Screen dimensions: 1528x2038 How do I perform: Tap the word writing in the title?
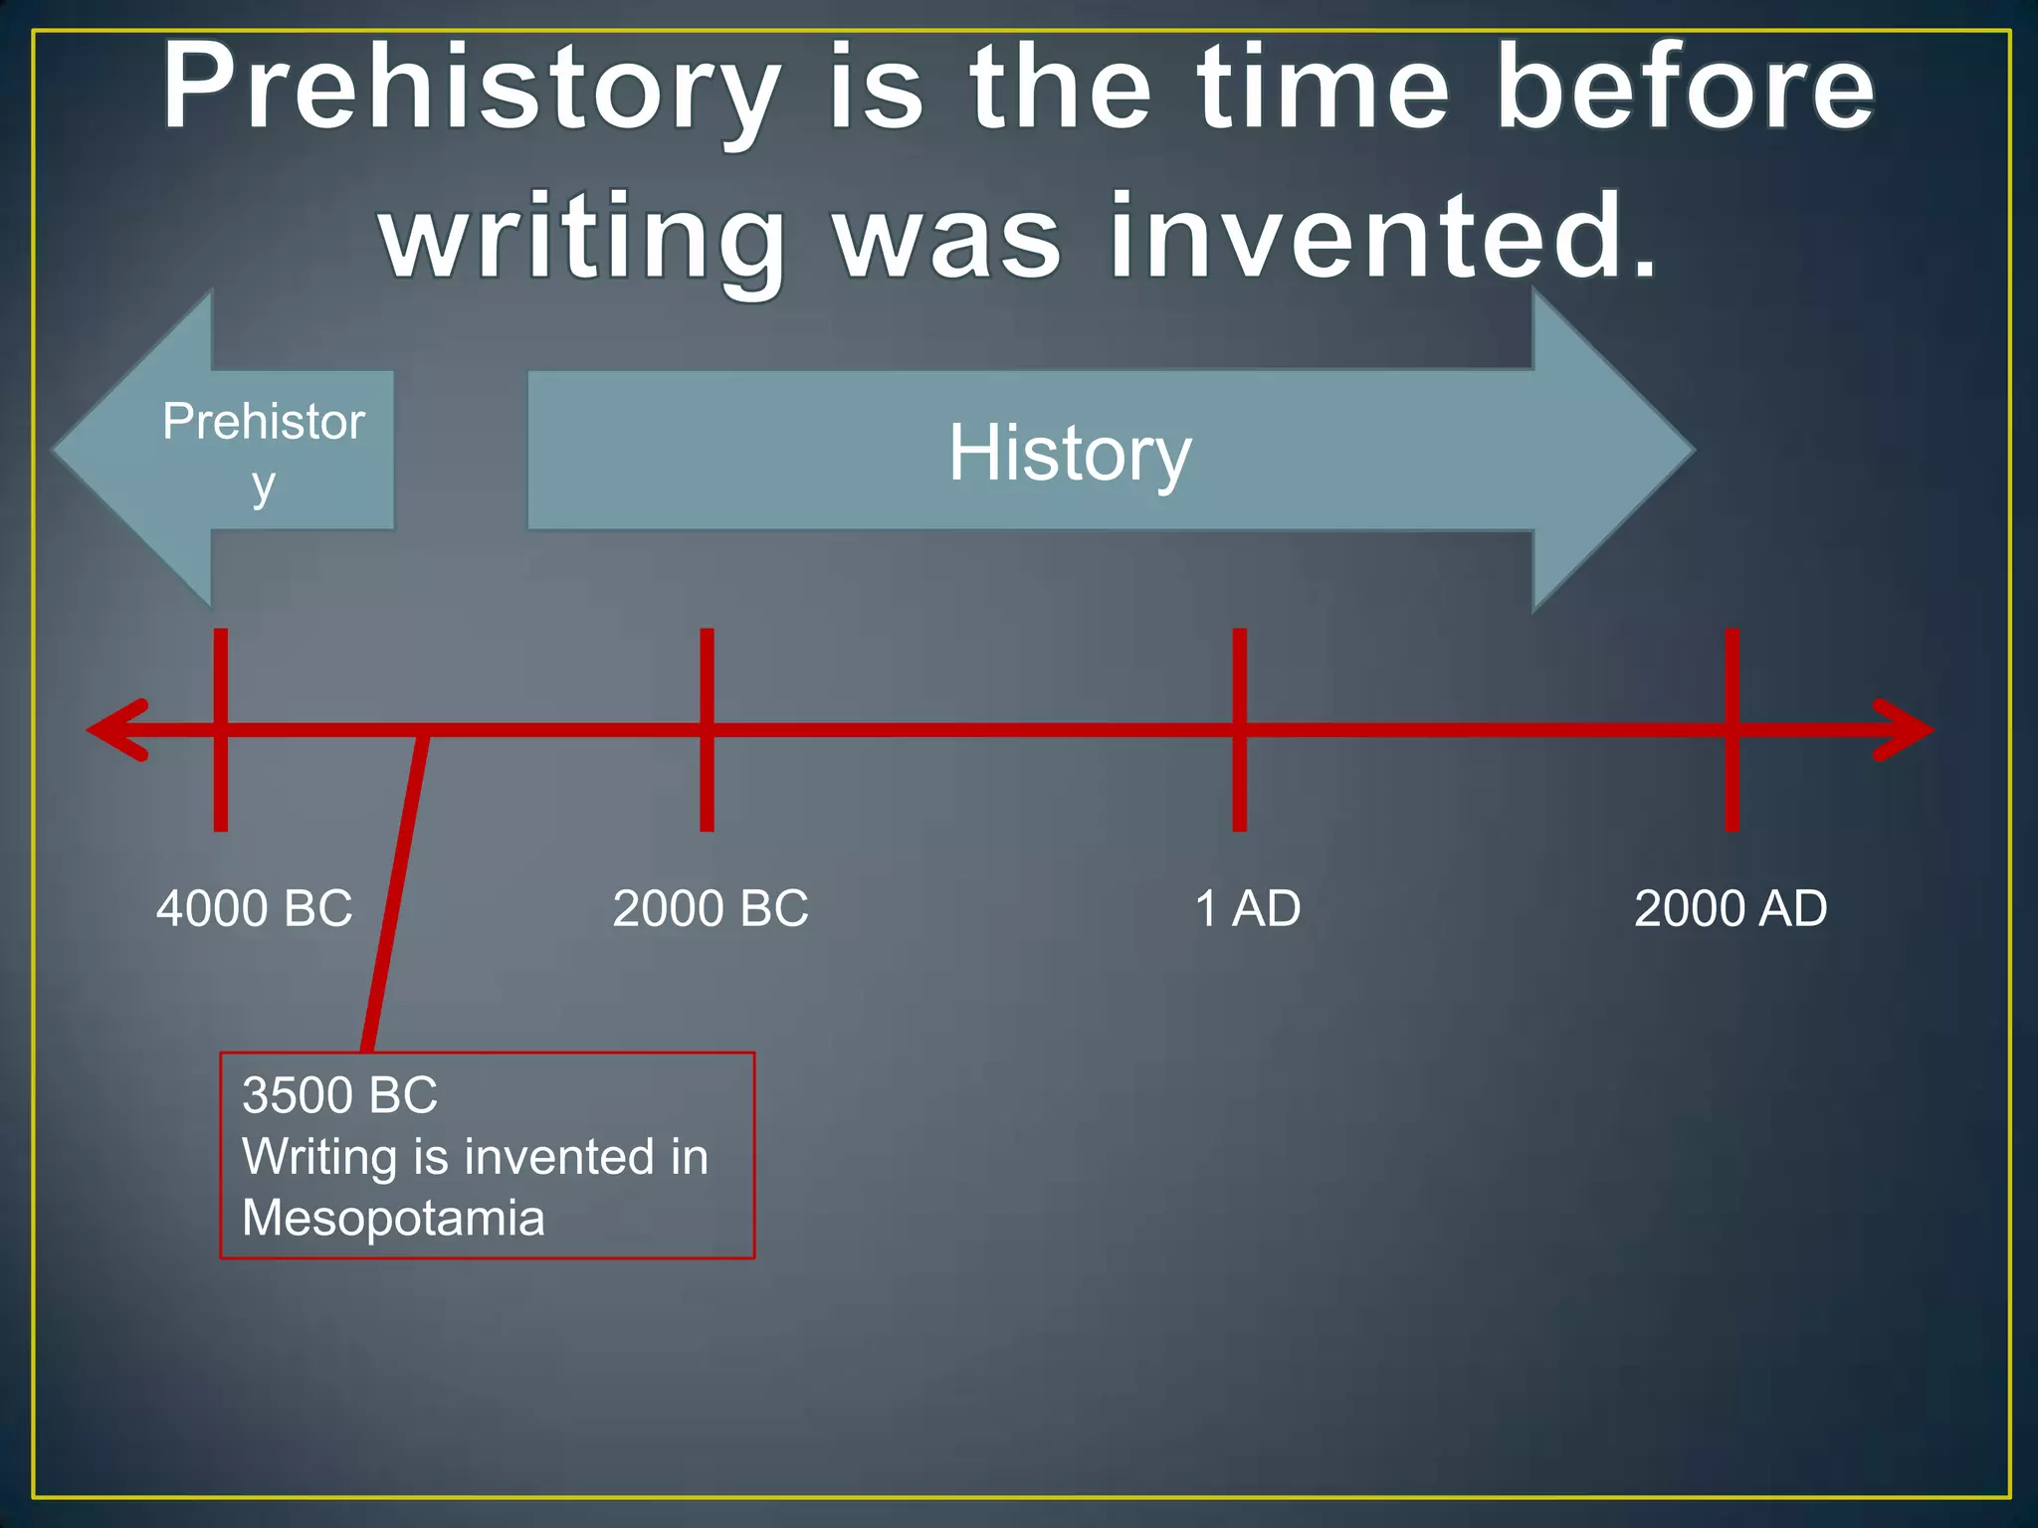[x=583, y=239]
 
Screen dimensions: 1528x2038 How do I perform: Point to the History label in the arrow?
[x=1069, y=454]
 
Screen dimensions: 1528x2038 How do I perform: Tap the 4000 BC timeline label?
[x=255, y=908]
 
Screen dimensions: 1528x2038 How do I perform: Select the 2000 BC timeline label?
[x=711, y=908]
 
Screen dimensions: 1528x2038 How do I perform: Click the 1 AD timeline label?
[x=1247, y=908]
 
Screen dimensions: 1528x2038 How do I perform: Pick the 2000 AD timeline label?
[x=1731, y=908]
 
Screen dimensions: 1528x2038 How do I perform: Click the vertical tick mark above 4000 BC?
[x=221, y=676]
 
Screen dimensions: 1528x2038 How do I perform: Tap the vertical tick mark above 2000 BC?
[x=707, y=676]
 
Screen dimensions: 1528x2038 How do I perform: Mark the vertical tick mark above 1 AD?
[x=1239, y=676]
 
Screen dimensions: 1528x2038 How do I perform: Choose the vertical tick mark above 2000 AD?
[x=1732, y=676]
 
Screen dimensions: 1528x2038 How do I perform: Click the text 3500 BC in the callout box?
[x=339, y=1095]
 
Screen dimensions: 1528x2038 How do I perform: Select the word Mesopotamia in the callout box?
[x=393, y=1218]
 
